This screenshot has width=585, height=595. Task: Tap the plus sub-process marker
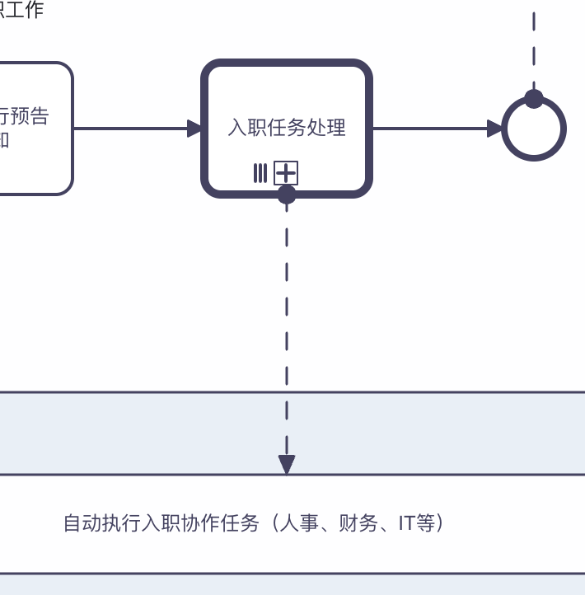pyautogui.click(x=286, y=173)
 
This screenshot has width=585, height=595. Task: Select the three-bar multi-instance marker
pyautogui.click(x=260, y=173)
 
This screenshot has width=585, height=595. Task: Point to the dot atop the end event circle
pyautogui.click(x=534, y=99)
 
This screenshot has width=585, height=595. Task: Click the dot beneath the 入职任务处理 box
pyautogui.click(x=287, y=194)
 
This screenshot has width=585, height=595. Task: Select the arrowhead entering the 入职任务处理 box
pyautogui.click(x=194, y=129)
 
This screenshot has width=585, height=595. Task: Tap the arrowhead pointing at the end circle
pyautogui.click(x=494, y=129)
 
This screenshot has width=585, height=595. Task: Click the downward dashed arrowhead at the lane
pyautogui.click(x=287, y=465)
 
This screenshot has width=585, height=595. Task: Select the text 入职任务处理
pyautogui.click(x=287, y=128)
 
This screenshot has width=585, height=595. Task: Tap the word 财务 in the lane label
pyautogui.click(x=357, y=523)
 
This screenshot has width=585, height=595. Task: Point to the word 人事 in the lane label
pyautogui.click(x=297, y=523)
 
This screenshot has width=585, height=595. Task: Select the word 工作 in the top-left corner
pyautogui.click(x=25, y=10)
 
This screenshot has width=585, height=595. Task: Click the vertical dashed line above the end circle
pyautogui.click(x=534, y=49)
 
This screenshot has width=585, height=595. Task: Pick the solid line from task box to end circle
pyautogui.click(x=428, y=129)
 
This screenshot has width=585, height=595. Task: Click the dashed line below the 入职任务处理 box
pyautogui.click(x=287, y=330)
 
